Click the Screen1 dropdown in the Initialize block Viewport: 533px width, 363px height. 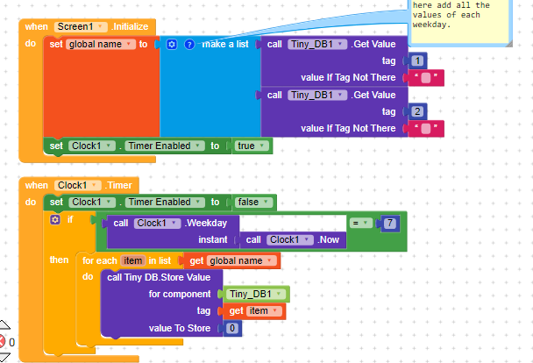pyautogui.click(x=81, y=26)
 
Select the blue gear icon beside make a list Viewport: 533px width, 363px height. pyautogui.click(x=172, y=44)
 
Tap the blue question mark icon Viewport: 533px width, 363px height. pyautogui.click(x=189, y=44)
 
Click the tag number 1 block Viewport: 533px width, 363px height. pyautogui.click(x=417, y=60)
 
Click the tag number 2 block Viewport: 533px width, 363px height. pyautogui.click(x=417, y=111)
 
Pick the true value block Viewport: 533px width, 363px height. pyautogui.click(x=252, y=146)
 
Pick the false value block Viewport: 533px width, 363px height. pyautogui.click(x=254, y=203)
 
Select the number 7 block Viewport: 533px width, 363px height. pyautogui.click(x=390, y=224)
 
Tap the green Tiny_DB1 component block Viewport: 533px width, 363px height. pyautogui.click(x=255, y=294)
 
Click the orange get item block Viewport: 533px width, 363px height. pyautogui.click(x=254, y=311)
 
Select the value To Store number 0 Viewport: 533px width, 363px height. pyautogui.click(x=232, y=328)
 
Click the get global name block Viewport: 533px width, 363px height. pyautogui.click(x=231, y=260)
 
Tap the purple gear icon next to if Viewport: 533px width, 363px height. pyautogui.click(x=55, y=219)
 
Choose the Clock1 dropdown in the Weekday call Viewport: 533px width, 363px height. pyautogui.click(x=157, y=223)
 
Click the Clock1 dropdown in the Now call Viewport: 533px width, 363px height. pyautogui.click(x=290, y=239)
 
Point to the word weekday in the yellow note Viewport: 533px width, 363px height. pyautogui.click(x=431, y=25)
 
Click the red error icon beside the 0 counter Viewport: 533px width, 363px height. pyautogui.click(x=2, y=341)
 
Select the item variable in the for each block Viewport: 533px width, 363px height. pyautogui.click(x=132, y=260)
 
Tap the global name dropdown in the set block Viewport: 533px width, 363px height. pyautogui.click(x=101, y=44)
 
